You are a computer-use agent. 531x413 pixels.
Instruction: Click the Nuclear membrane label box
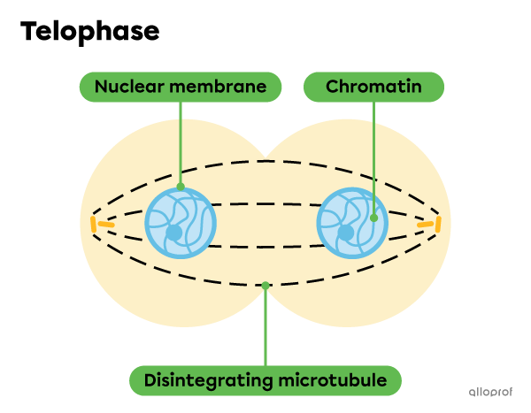(x=180, y=87)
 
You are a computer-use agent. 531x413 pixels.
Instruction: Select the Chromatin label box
(x=373, y=87)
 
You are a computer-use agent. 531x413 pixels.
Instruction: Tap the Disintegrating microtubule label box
(x=265, y=380)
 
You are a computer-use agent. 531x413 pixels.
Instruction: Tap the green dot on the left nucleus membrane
(x=181, y=187)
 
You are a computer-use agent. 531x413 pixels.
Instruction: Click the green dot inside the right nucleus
(x=373, y=217)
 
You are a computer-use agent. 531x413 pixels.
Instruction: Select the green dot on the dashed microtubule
(x=265, y=285)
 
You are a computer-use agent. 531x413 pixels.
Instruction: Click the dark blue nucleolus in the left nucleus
(x=174, y=233)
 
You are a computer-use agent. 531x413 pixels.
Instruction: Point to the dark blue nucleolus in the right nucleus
(x=346, y=233)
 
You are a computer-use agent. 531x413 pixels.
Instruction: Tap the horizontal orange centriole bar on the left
(x=105, y=225)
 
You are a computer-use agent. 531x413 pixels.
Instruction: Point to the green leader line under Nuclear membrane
(x=181, y=141)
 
